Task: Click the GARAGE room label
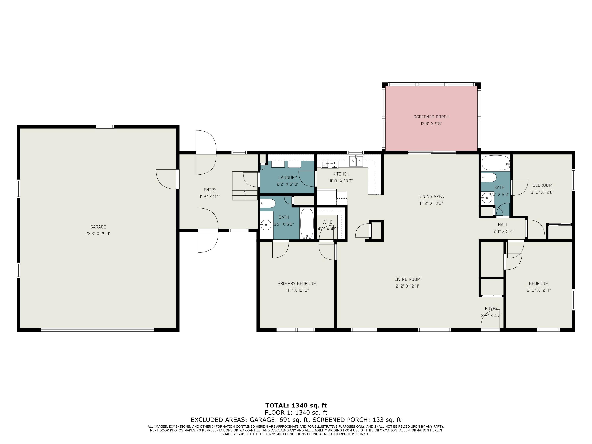pos(98,227)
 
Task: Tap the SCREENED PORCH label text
pos(431,117)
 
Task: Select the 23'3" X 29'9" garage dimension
pos(98,234)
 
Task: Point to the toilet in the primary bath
pos(268,204)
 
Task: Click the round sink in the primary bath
pos(266,225)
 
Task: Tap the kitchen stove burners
pos(330,165)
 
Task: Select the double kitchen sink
pos(356,161)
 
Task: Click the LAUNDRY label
pos(288,177)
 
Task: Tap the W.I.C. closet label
pos(328,222)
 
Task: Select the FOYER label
pos(491,309)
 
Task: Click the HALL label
pos(503,225)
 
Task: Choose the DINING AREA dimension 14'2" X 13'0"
pos(431,203)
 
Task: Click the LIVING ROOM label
pos(407,279)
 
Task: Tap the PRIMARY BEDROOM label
pos(297,283)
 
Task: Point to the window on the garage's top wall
pos(105,127)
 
